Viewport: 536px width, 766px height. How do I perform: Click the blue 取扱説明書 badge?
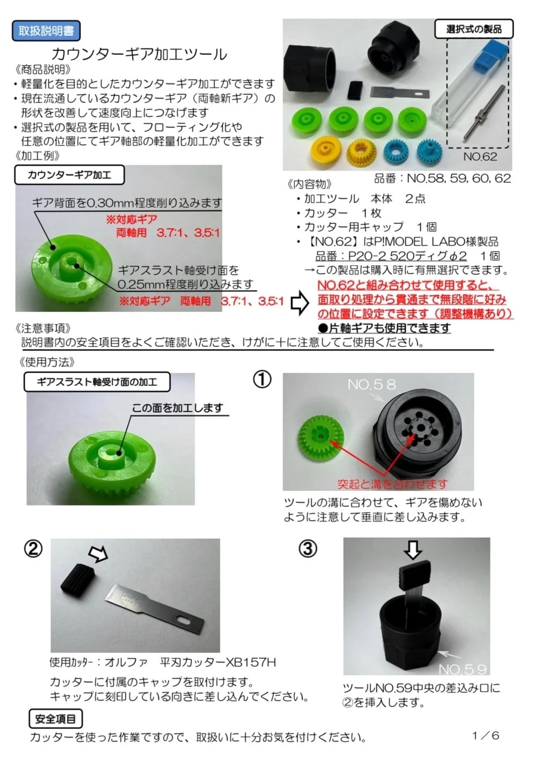click(x=46, y=31)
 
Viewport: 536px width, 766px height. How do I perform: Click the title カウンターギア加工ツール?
click(x=139, y=54)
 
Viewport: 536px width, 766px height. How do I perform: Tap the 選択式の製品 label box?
click(x=473, y=29)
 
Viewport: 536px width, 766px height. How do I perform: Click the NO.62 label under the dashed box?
click(x=480, y=157)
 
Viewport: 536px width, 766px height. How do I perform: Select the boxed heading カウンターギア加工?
click(x=70, y=175)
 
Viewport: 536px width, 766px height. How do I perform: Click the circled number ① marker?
click(x=262, y=380)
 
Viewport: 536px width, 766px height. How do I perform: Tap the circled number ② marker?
click(x=33, y=549)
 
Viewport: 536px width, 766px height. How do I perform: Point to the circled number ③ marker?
click(x=308, y=549)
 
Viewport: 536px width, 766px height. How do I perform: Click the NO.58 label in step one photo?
click(x=371, y=384)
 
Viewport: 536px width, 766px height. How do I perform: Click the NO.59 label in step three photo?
click(x=463, y=669)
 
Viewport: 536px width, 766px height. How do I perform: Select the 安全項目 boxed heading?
click(x=56, y=719)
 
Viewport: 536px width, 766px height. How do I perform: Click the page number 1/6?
click(x=486, y=735)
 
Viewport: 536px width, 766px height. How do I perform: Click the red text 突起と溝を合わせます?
click(x=392, y=484)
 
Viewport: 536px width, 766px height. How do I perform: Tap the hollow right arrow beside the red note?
click(x=300, y=303)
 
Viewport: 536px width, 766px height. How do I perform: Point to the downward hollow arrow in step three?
click(x=413, y=549)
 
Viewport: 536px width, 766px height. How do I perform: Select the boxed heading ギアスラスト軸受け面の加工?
click(x=97, y=382)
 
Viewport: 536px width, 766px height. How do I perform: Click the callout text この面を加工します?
click(x=177, y=408)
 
